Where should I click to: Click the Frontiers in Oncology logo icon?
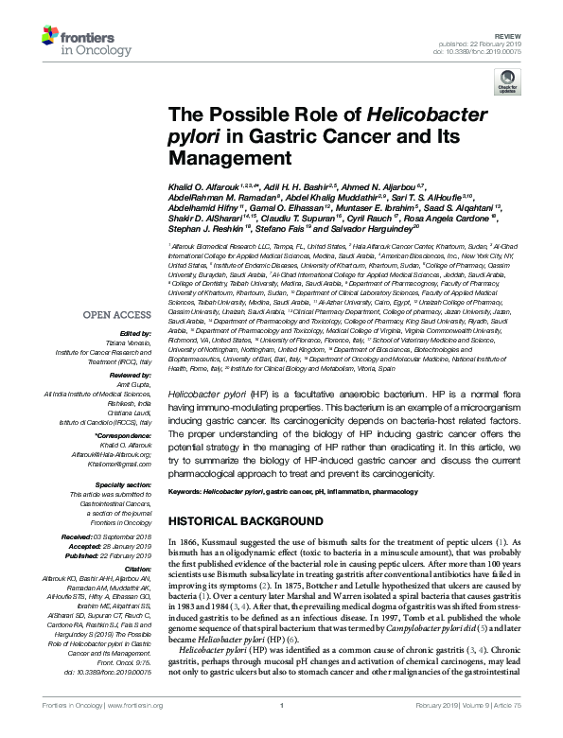[x=53, y=37]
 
